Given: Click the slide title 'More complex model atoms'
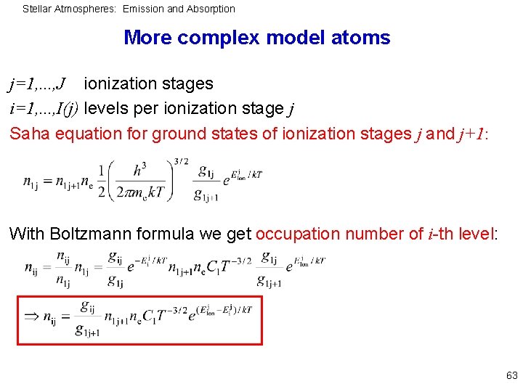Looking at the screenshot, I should pos(256,38).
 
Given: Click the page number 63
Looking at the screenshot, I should pos(511,376).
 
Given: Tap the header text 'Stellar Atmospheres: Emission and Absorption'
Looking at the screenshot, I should pos(129,9).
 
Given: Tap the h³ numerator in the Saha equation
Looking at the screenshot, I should pos(138,172).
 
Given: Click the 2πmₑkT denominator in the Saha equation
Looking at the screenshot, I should pos(138,193).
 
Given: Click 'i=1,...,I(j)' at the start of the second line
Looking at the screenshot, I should pos(43,109).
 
